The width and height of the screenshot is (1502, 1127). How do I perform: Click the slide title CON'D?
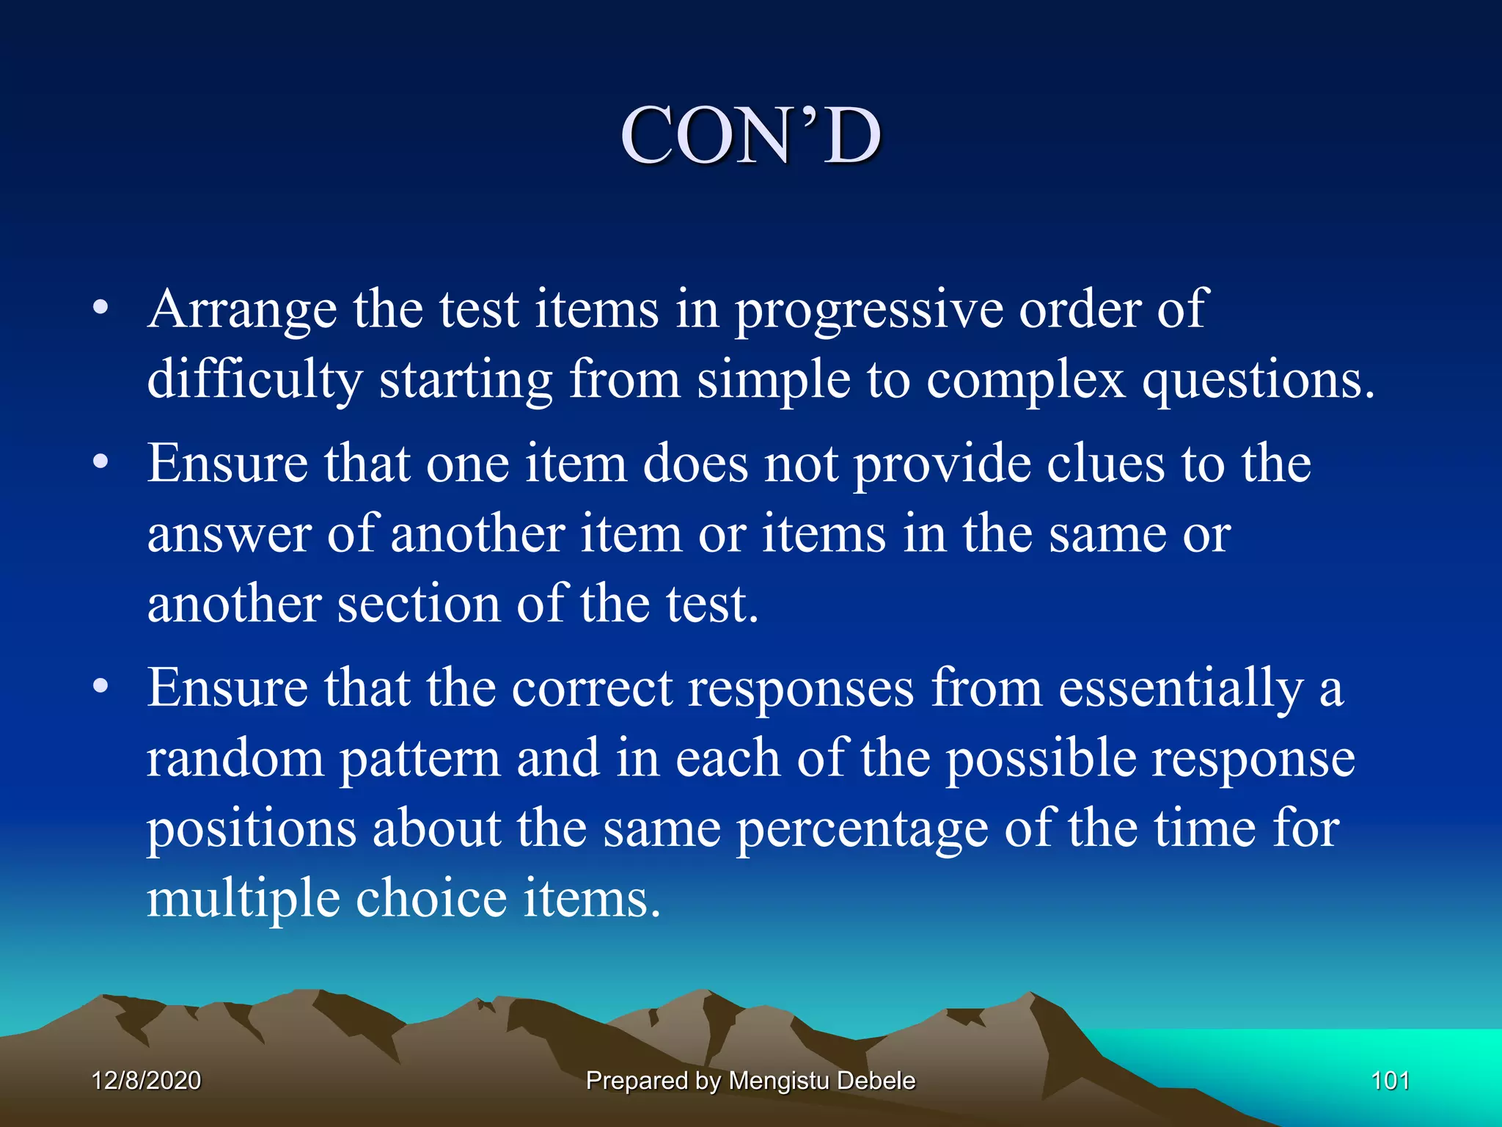[x=750, y=136]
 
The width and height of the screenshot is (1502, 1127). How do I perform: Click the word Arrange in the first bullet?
[x=242, y=310]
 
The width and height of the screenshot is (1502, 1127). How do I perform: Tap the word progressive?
[x=868, y=311]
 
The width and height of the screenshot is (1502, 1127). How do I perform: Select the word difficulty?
[x=254, y=380]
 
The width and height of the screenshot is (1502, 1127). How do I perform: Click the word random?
[x=235, y=759]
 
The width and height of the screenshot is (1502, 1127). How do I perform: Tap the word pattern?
[x=420, y=760]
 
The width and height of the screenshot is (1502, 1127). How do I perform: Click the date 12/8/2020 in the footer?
[x=146, y=1081]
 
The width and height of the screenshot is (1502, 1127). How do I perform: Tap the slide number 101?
[x=1390, y=1081]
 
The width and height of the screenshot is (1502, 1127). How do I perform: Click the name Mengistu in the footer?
[x=778, y=1081]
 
